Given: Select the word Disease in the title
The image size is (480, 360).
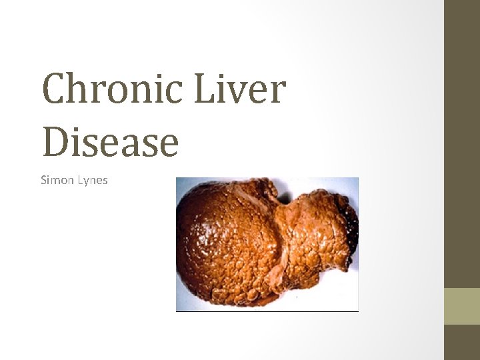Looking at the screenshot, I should point(110,141).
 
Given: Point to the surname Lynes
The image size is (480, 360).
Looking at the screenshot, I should point(92,180).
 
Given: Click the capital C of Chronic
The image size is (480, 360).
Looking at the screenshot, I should point(55,91).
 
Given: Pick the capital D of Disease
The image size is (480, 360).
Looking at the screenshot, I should point(56,141).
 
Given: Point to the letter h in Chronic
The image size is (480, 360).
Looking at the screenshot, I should point(79,91).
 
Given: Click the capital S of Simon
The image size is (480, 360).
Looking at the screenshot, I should point(43,180).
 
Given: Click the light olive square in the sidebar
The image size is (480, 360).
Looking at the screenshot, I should point(462,306).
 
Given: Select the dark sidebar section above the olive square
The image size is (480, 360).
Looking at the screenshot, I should point(462,143).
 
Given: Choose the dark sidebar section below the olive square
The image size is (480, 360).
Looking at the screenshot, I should point(462,342).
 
